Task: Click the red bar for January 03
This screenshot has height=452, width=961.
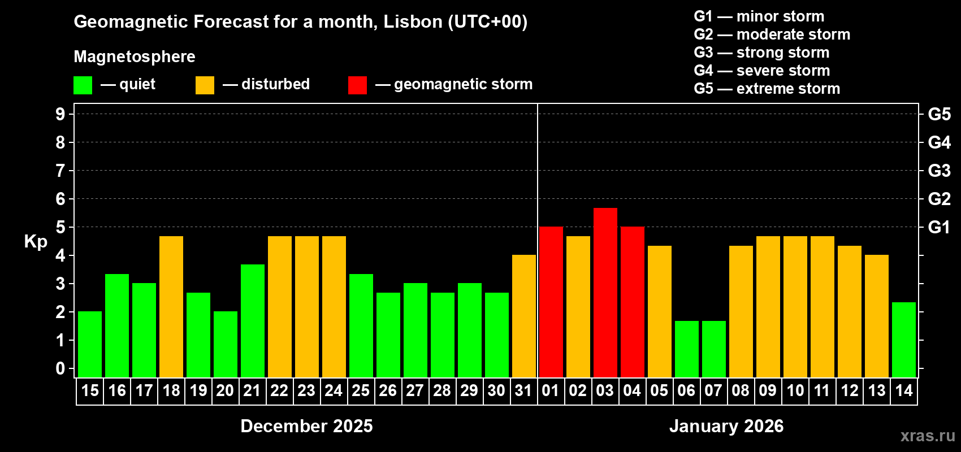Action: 605,293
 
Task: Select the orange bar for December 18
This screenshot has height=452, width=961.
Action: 171,307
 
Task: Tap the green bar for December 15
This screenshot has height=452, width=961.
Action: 90,344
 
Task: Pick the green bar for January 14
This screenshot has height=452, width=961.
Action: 903,340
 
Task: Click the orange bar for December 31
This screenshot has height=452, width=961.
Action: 523,316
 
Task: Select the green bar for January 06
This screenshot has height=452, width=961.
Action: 686,349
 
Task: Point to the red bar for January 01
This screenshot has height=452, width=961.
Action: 551,302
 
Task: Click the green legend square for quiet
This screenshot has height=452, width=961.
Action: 83,85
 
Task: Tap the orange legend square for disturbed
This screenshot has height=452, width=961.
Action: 205,85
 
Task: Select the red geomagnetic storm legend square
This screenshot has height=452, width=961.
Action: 357,85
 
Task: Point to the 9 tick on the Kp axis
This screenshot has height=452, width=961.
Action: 60,114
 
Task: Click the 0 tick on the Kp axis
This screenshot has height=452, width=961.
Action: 60,369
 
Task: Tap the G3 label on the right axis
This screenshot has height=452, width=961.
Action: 939,171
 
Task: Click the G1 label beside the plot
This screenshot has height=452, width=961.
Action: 939,227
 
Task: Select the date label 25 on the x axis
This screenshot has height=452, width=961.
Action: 361,391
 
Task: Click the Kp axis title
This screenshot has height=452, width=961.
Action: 36,242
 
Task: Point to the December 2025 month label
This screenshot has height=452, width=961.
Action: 306,426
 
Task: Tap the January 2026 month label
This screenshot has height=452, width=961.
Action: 726,426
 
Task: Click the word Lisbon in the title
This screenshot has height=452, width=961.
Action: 413,21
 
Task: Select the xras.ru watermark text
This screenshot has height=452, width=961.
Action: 927,436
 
